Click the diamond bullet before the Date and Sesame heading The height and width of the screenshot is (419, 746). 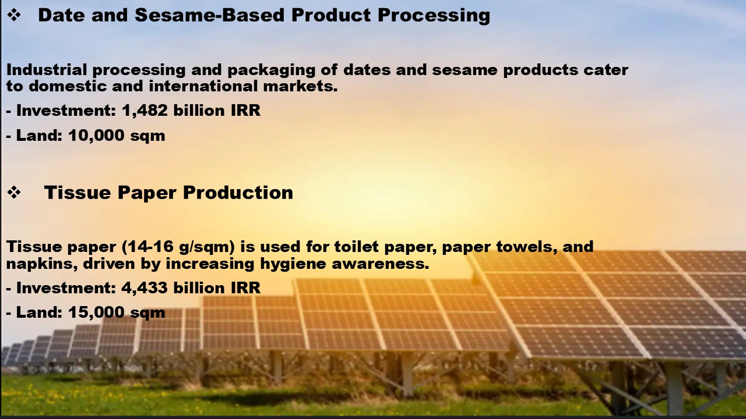coord(14,15)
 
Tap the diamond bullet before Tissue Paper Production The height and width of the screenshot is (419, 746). coord(14,193)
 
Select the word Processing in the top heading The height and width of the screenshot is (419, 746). coord(434,16)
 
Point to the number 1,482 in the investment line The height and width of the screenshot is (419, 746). coord(145,111)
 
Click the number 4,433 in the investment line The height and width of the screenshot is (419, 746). coord(145,287)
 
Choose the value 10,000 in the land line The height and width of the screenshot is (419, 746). coord(96,136)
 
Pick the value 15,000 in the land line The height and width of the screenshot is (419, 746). coord(96,313)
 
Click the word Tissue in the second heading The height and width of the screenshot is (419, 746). coord(78,193)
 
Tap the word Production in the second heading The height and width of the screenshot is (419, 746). coord(238,193)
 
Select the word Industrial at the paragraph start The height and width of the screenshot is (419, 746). coord(47,70)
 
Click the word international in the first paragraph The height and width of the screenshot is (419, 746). coord(203,86)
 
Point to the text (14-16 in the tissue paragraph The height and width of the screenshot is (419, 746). coord(147,247)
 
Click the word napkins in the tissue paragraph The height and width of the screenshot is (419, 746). coord(42,264)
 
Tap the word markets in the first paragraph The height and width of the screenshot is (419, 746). coord(300,86)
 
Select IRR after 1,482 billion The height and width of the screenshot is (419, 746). coord(245,111)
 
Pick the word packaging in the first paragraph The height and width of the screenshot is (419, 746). coord(272,70)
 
